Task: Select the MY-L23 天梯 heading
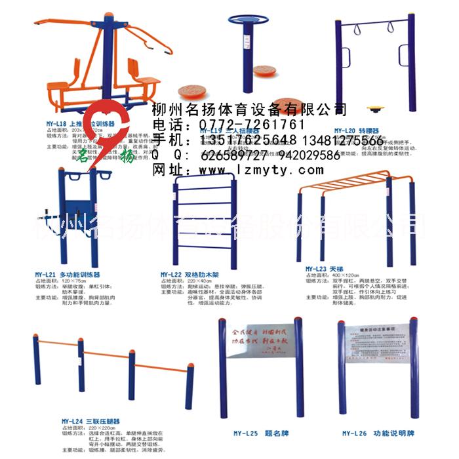click(x=325, y=268)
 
